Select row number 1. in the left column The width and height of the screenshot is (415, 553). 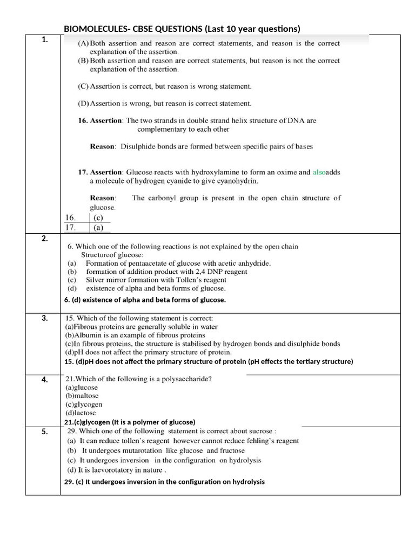[44, 39]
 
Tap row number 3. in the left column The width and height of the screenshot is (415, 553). [45, 318]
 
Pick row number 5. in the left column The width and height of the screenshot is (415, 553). [45, 431]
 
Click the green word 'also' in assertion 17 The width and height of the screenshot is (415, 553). [319, 172]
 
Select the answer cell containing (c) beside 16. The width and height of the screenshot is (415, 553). [98, 218]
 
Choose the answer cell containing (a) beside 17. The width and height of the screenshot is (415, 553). [98, 228]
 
